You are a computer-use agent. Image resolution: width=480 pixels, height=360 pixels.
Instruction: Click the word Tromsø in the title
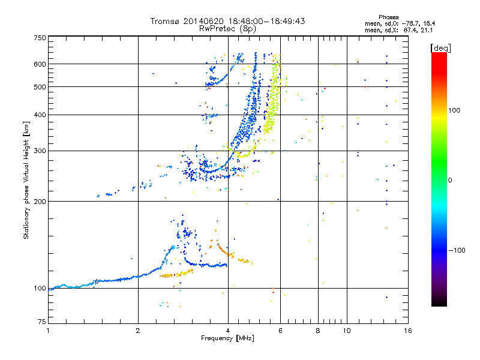(166, 21)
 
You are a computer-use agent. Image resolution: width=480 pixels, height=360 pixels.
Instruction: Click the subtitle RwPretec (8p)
(227, 29)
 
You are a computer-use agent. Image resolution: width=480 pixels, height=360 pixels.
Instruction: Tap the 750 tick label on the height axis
(40, 38)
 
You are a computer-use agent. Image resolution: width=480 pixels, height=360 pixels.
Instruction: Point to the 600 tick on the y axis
(40, 64)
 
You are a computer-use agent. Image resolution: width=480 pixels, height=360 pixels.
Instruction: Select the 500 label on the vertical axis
(40, 87)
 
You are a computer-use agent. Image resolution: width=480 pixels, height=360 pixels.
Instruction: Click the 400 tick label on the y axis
(40, 115)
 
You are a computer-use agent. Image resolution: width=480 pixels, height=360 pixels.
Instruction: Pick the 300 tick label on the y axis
(40, 151)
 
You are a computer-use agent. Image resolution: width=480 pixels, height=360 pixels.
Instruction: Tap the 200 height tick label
(40, 202)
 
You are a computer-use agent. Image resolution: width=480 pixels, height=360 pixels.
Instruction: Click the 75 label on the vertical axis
(42, 322)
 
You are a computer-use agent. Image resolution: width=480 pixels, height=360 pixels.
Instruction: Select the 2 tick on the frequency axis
(138, 331)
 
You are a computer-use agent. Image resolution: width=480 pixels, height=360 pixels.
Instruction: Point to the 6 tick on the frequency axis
(280, 331)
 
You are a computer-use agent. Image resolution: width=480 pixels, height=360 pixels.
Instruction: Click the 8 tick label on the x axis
(318, 331)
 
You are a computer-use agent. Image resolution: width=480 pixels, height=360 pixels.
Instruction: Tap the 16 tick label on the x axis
(408, 331)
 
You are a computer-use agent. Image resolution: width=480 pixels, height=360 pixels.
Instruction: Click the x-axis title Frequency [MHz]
(227, 338)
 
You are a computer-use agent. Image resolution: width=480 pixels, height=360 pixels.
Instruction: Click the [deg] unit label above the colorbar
(440, 48)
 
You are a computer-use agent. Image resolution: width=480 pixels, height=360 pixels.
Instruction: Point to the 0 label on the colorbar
(450, 181)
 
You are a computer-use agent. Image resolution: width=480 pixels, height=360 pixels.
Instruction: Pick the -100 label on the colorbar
(457, 250)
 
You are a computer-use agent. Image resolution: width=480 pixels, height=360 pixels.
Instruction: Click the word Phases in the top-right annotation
(388, 17)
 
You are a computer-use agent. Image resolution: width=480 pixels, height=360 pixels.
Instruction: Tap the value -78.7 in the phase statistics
(409, 23)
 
